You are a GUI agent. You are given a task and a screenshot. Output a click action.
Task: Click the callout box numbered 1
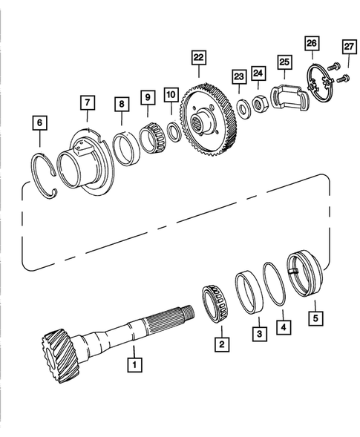[x=134, y=364]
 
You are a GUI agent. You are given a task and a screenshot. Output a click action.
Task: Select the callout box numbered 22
[x=197, y=56]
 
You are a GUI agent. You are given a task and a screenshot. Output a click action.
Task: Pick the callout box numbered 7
[x=88, y=101]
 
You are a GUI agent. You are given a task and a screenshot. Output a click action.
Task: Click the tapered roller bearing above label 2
[x=215, y=300]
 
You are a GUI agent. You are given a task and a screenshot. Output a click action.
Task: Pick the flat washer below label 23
[x=243, y=103]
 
